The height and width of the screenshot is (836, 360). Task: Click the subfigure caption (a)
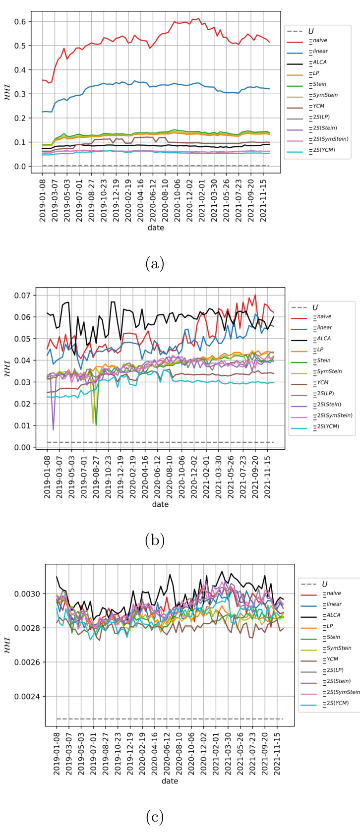155,263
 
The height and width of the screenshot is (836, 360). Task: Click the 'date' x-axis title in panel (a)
155,228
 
